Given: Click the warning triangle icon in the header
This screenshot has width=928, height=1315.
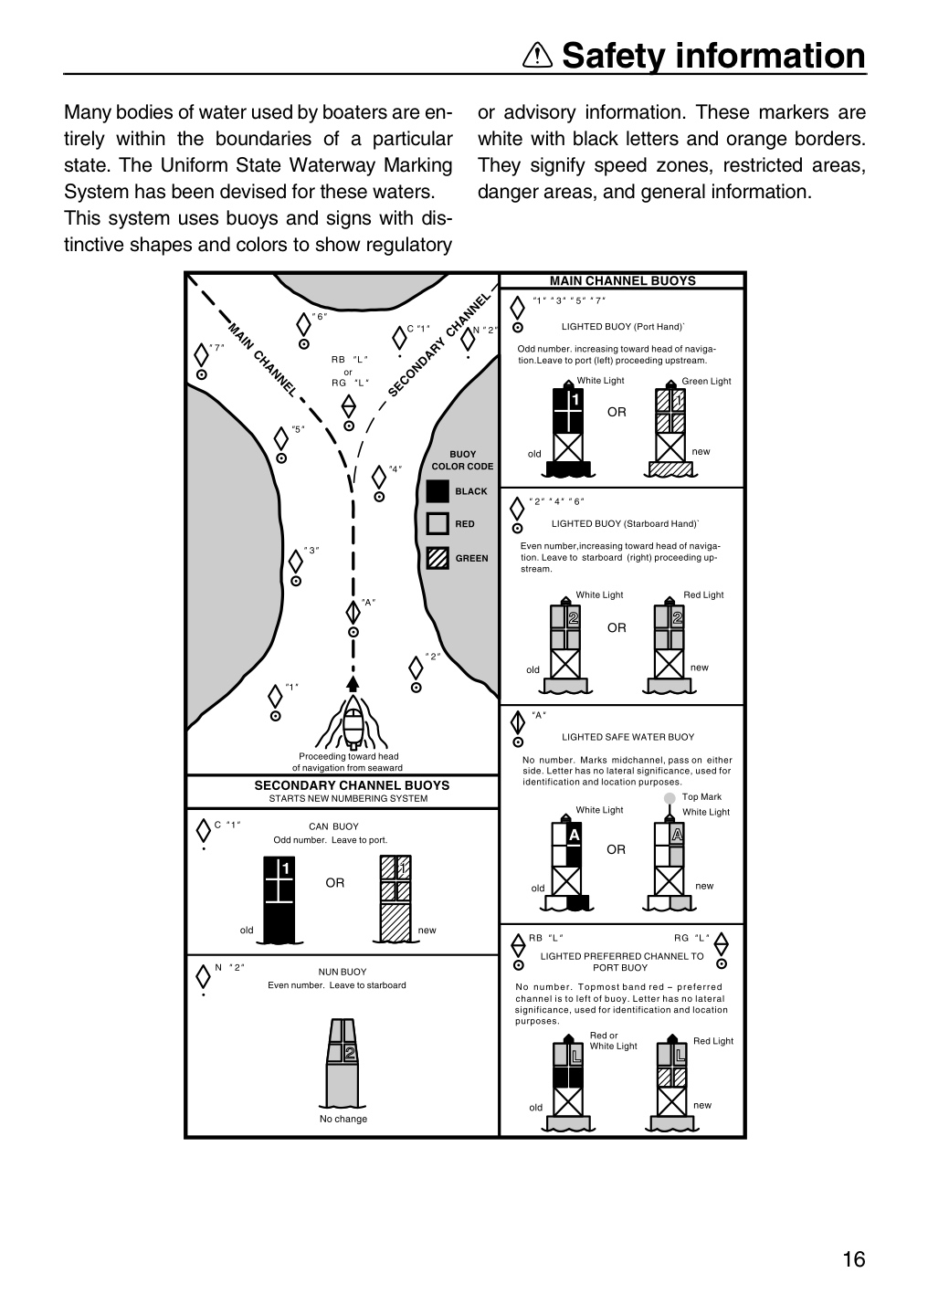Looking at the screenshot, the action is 537,56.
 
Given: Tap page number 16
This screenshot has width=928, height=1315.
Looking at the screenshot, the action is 853,1259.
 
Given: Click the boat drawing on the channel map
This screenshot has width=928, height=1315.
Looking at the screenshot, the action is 353,721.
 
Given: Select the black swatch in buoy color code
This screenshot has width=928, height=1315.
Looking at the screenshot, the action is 438,491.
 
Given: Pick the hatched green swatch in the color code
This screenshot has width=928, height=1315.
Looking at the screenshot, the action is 438,558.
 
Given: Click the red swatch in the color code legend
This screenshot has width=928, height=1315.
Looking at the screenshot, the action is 438,523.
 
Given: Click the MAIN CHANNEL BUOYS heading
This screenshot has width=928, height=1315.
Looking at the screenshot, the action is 623,280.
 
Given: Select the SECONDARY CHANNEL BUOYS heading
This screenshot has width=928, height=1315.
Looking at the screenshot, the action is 352,785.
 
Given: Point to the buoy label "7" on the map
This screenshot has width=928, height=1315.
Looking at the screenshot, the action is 216,348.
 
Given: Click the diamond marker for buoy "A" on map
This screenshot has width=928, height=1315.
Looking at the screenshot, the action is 353,613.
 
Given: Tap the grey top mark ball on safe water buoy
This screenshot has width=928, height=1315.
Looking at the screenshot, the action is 670,798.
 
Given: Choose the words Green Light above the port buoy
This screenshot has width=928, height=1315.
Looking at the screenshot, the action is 706,381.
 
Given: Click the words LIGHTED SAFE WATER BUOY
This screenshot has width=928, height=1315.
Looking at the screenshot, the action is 627,737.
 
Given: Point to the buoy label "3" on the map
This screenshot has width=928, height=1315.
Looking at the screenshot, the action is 311,550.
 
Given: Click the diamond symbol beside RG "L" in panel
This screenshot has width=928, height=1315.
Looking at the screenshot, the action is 722,944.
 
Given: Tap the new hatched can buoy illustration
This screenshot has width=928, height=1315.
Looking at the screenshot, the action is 395,899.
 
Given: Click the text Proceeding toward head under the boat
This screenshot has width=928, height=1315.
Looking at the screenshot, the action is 348,756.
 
